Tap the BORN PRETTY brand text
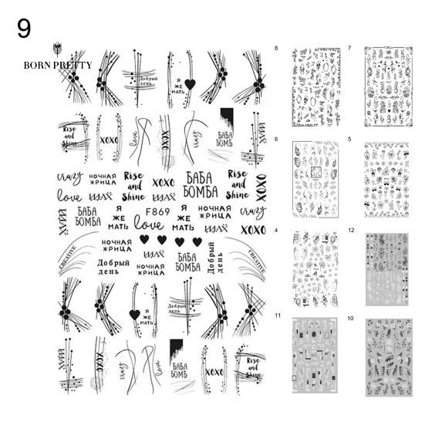point(57,65)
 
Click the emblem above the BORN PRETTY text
point(56,49)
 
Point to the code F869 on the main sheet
point(157,212)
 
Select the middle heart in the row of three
point(170,241)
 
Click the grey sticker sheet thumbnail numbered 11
point(316,356)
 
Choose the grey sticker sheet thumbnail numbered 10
point(390,356)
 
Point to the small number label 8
point(276,49)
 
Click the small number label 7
point(349,49)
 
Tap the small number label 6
point(276,139)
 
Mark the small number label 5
point(349,139)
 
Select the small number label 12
point(351,230)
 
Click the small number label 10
point(351,318)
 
